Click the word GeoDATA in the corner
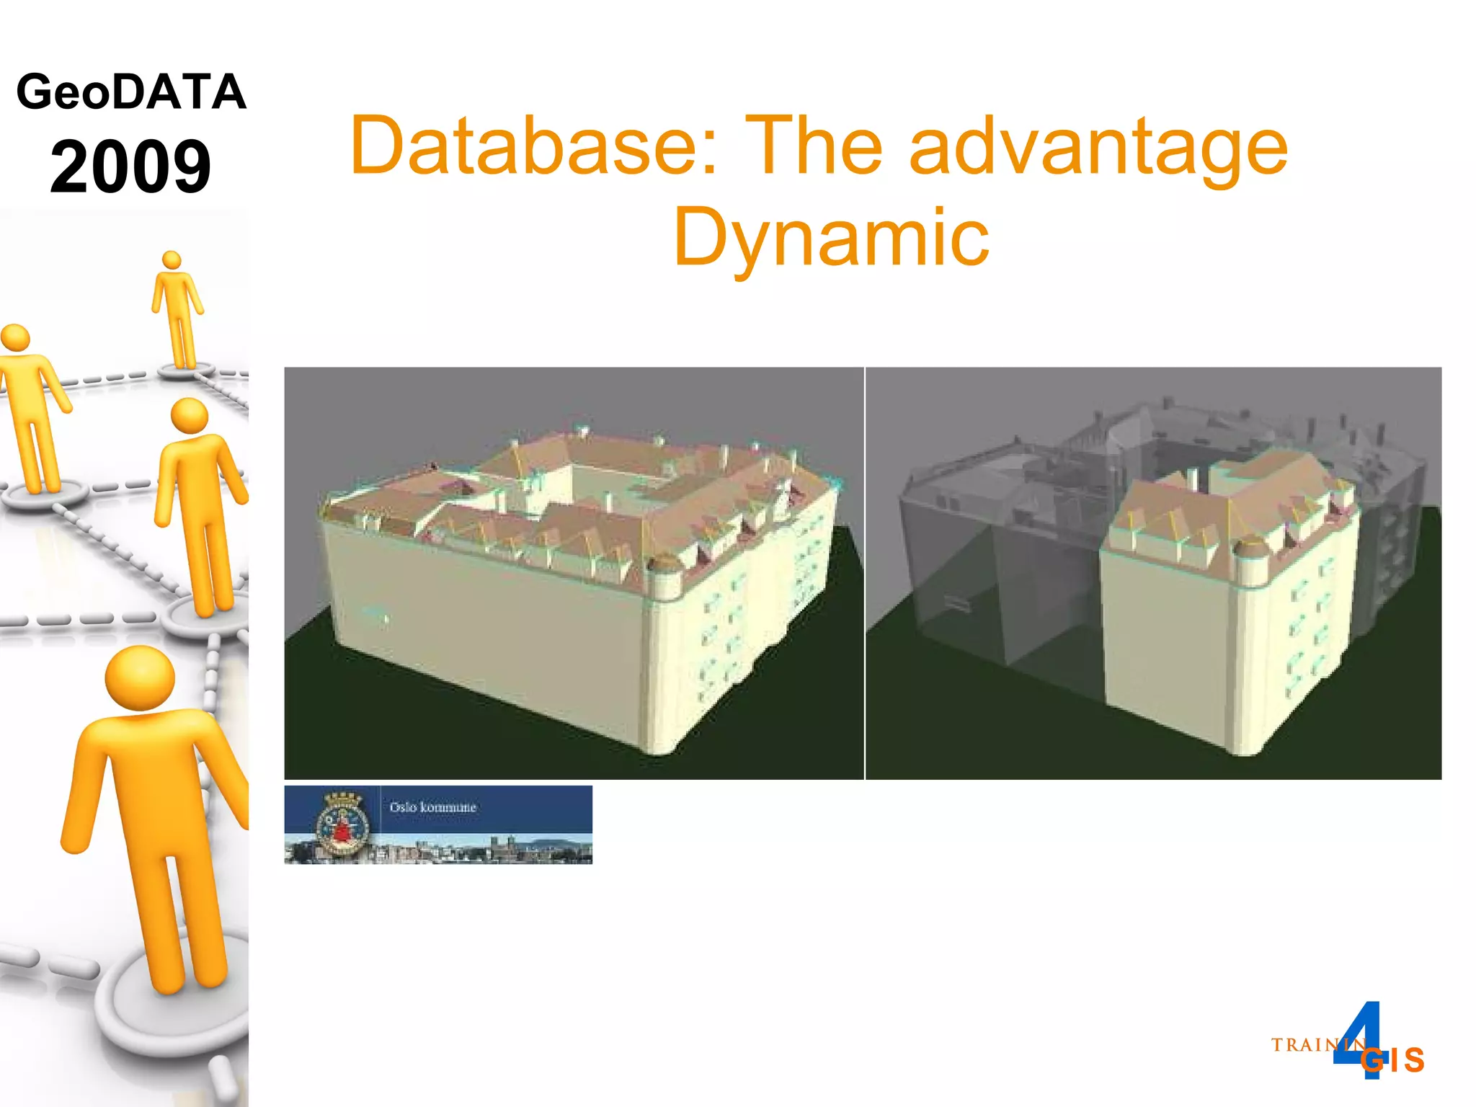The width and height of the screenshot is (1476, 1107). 131,92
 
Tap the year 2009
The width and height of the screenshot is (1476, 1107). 130,167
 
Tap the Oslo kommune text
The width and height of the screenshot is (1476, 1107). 432,807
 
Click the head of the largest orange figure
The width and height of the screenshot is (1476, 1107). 140,677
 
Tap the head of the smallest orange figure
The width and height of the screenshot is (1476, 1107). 172,260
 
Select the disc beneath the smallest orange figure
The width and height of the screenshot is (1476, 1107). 186,370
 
